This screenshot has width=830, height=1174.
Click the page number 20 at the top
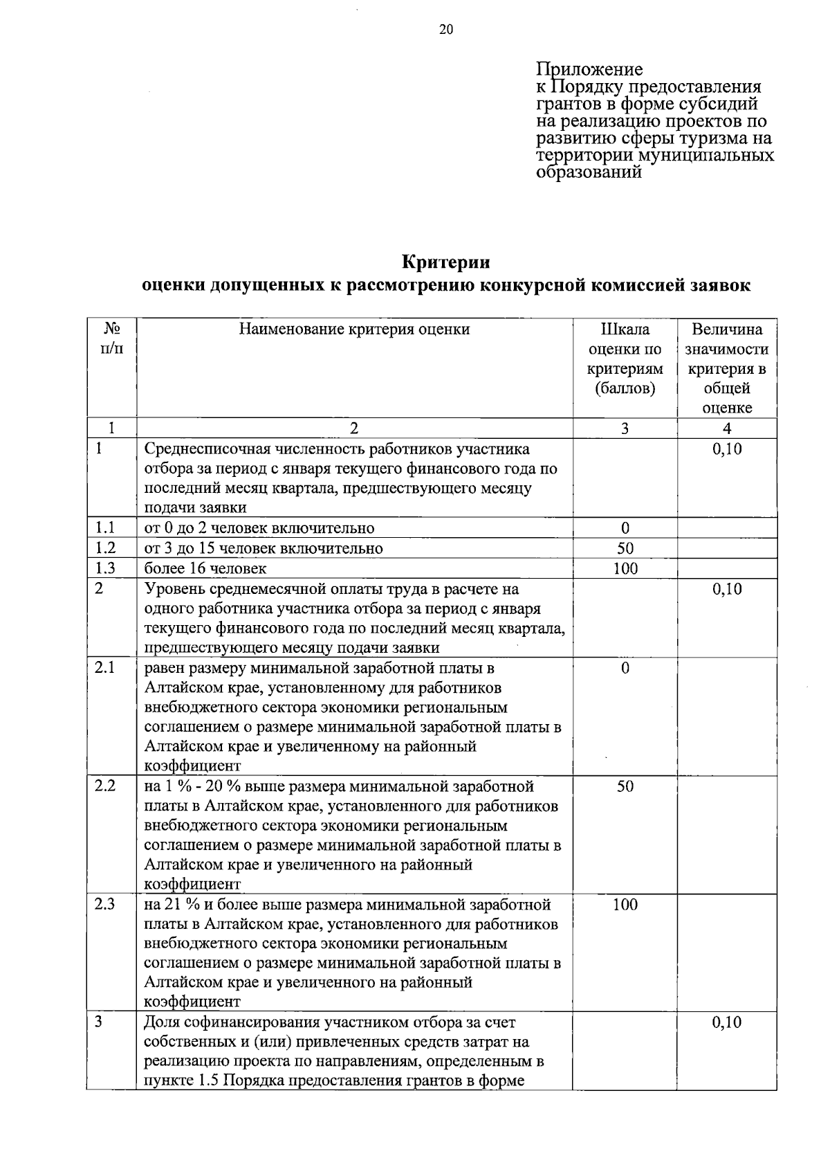click(x=445, y=29)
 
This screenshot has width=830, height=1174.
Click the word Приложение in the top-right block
click(x=589, y=69)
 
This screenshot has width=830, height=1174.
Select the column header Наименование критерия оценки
click(x=354, y=329)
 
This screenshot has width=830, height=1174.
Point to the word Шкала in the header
click(x=625, y=329)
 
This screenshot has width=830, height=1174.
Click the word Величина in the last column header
click(x=727, y=329)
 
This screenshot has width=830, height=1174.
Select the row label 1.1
click(x=104, y=527)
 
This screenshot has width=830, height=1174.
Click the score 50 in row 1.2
click(x=625, y=548)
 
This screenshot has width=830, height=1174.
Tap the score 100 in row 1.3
click(x=625, y=568)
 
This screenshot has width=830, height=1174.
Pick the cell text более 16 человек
click(x=205, y=568)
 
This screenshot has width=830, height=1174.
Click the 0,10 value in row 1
click(x=727, y=449)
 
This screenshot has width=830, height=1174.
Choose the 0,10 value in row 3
click(x=727, y=1022)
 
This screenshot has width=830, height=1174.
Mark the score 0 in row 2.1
click(x=625, y=668)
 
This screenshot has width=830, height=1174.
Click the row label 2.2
click(x=104, y=786)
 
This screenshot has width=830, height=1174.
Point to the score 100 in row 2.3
click(x=625, y=904)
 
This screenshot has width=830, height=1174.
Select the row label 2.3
click(x=104, y=904)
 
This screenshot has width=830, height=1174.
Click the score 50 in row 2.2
click(x=625, y=786)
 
